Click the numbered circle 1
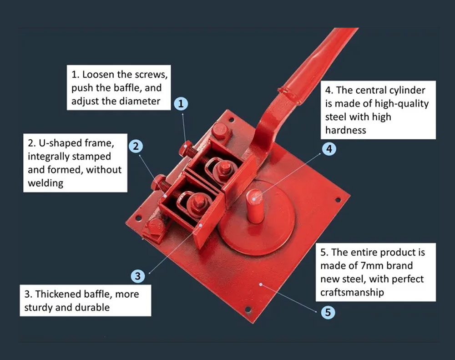pos(181,103)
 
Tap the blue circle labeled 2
pos(136,146)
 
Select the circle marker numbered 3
pos(138,276)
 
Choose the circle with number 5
pos(328,313)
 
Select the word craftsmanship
pos(352,292)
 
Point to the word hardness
pos(345,130)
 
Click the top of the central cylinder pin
pos(256,197)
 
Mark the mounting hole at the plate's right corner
pos(338,199)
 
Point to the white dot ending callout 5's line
pos(261,285)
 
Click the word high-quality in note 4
pos(402,103)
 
